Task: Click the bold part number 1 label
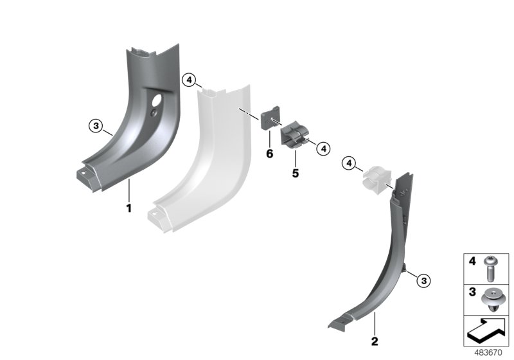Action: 128,208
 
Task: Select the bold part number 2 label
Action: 375,341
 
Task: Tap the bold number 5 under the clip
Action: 296,174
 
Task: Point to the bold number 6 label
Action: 269,154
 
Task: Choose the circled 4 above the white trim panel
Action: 188,80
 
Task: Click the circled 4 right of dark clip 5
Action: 323,148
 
